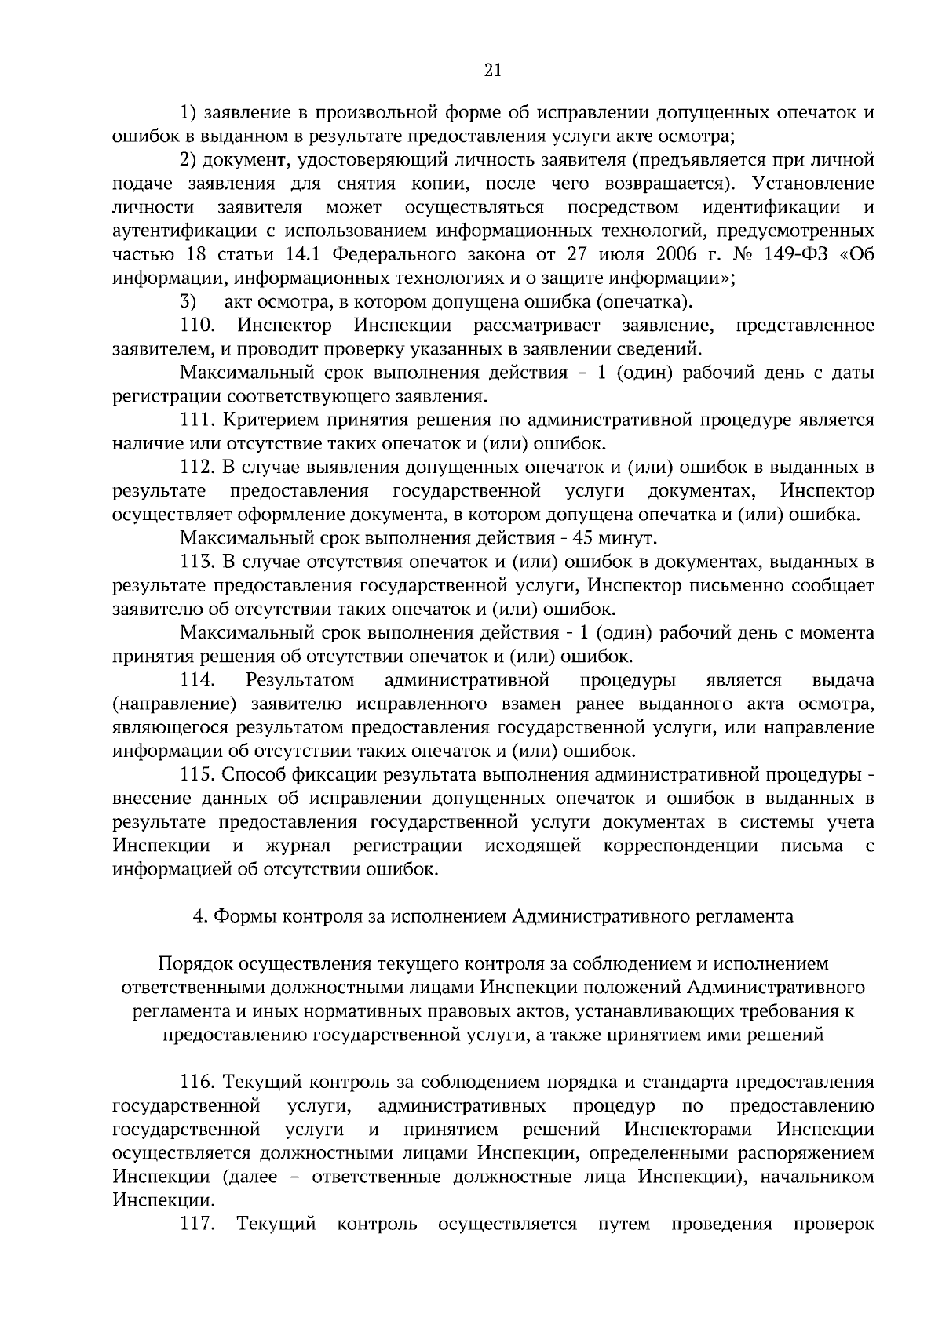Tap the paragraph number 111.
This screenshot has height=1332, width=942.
pyautogui.click(x=198, y=420)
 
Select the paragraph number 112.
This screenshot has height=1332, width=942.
pyautogui.click(x=198, y=468)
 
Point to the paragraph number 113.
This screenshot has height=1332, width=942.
pyautogui.click(x=198, y=562)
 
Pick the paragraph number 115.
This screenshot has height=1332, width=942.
pyautogui.click(x=198, y=774)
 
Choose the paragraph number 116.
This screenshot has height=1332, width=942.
pyautogui.click(x=198, y=1083)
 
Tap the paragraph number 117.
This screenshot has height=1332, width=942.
pyautogui.click(x=198, y=1224)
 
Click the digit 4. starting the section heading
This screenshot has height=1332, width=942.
pyautogui.click(x=199, y=916)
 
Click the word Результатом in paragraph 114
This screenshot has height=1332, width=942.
pyautogui.click(x=300, y=679)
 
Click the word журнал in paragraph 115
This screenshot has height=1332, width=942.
pyautogui.click(x=298, y=846)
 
